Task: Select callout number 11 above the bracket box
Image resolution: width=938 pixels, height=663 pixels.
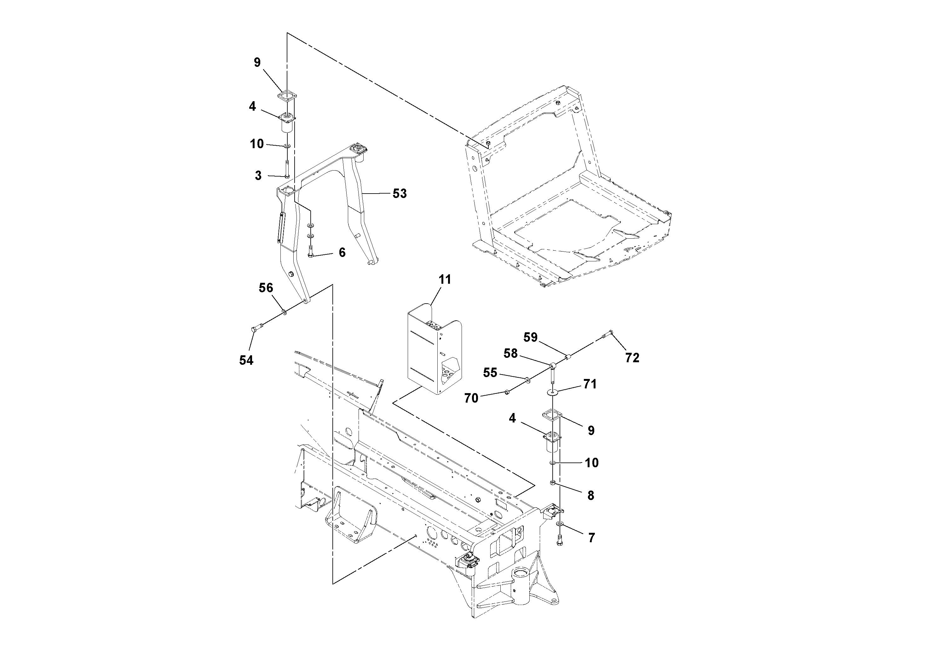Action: [445, 280]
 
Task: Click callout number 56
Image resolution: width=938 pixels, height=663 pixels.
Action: [266, 288]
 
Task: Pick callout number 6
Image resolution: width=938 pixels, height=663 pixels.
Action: [342, 253]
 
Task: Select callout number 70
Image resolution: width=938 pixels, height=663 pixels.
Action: [471, 398]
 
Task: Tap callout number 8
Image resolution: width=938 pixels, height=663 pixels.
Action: [590, 495]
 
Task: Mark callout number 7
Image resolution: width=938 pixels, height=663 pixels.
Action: [591, 538]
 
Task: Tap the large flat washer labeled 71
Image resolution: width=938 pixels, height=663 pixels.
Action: [552, 393]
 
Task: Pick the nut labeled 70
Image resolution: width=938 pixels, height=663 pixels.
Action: [507, 392]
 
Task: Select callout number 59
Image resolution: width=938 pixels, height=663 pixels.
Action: [530, 337]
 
